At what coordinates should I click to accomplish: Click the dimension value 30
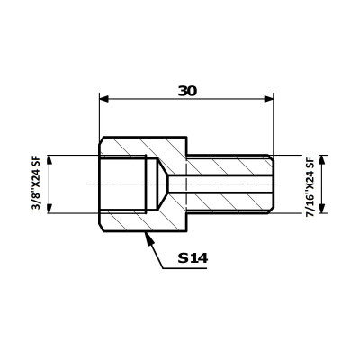tap(187, 91)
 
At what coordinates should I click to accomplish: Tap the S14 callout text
tap(193, 257)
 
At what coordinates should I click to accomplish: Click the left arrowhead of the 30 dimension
tap(103, 99)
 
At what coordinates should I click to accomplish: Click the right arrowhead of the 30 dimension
tap(269, 99)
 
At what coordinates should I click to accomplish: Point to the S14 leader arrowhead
tap(148, 238)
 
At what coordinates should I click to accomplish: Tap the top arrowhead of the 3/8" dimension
tap(49, 160)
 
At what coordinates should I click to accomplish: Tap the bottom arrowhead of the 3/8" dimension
tap(49, 209)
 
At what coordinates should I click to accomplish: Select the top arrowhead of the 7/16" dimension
tap(321, 160)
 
